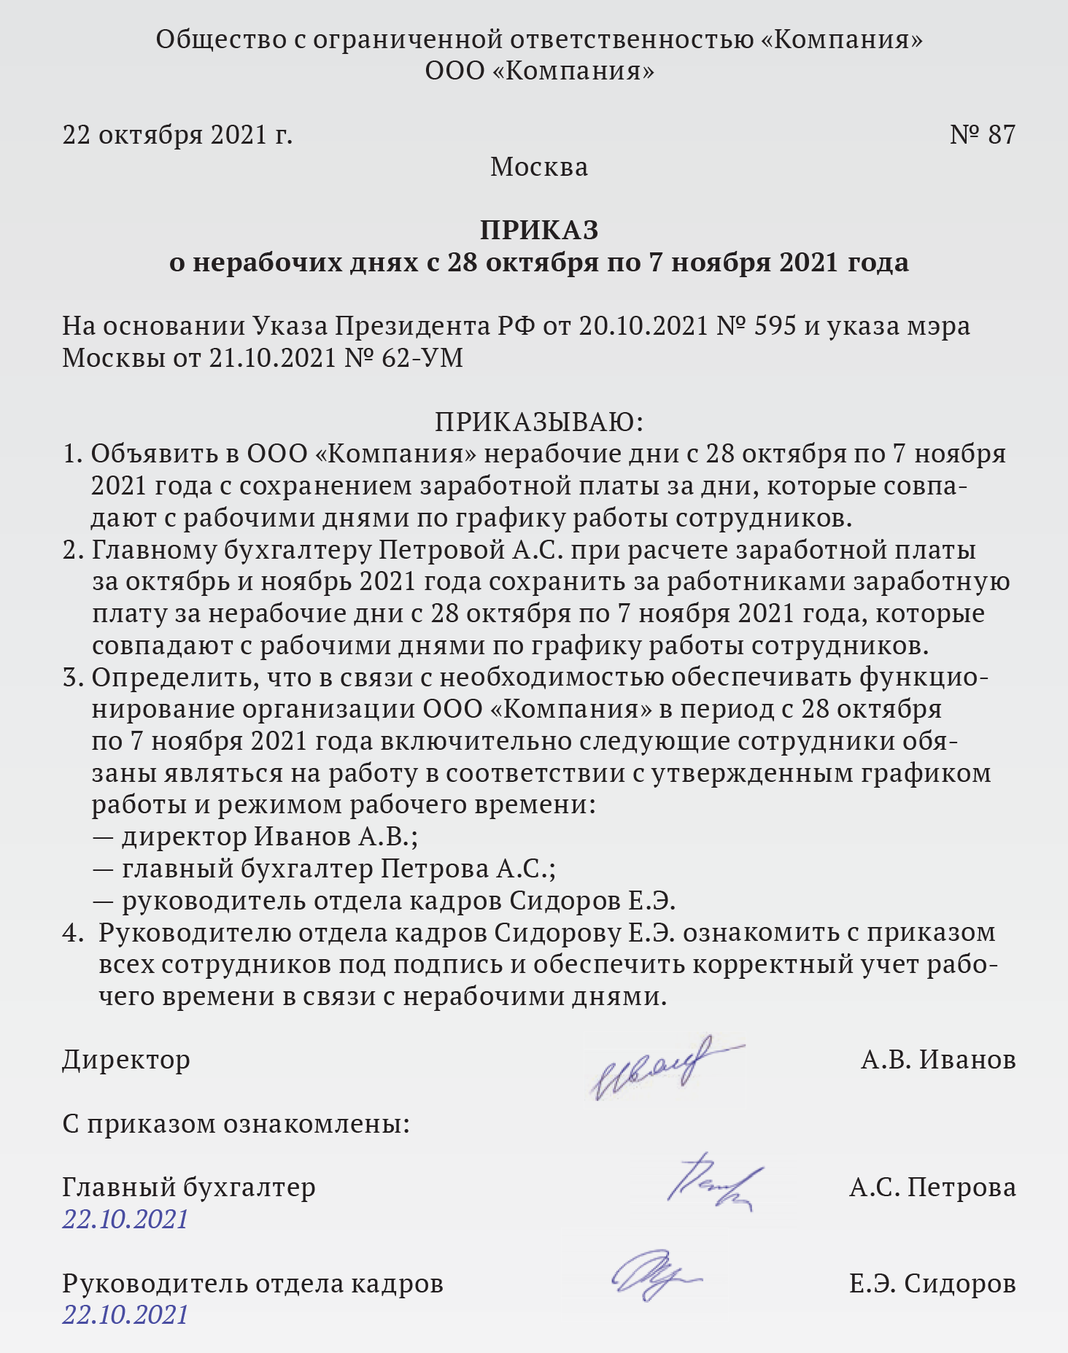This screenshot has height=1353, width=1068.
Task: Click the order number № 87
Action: [982, 135]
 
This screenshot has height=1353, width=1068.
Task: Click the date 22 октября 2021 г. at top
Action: [177, 135]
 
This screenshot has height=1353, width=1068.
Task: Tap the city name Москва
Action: [539, 167]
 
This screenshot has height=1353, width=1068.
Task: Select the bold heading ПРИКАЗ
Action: [539, 230]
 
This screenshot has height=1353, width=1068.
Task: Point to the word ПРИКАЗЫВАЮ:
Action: [539, 422]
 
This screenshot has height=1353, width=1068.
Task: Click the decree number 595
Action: [774, 326]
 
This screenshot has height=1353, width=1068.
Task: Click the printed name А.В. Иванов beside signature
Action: [938, 1059]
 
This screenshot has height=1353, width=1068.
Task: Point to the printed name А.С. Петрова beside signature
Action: [932, 1187]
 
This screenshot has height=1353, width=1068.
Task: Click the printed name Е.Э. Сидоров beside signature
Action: [932, 1283]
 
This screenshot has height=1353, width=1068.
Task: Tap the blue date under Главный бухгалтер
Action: [125, 1219]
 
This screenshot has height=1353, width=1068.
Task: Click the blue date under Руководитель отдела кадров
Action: [125, 1314]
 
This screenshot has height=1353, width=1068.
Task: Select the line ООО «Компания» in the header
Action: [539, 71]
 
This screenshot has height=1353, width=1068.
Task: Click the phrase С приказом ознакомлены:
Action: [236, 1123]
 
